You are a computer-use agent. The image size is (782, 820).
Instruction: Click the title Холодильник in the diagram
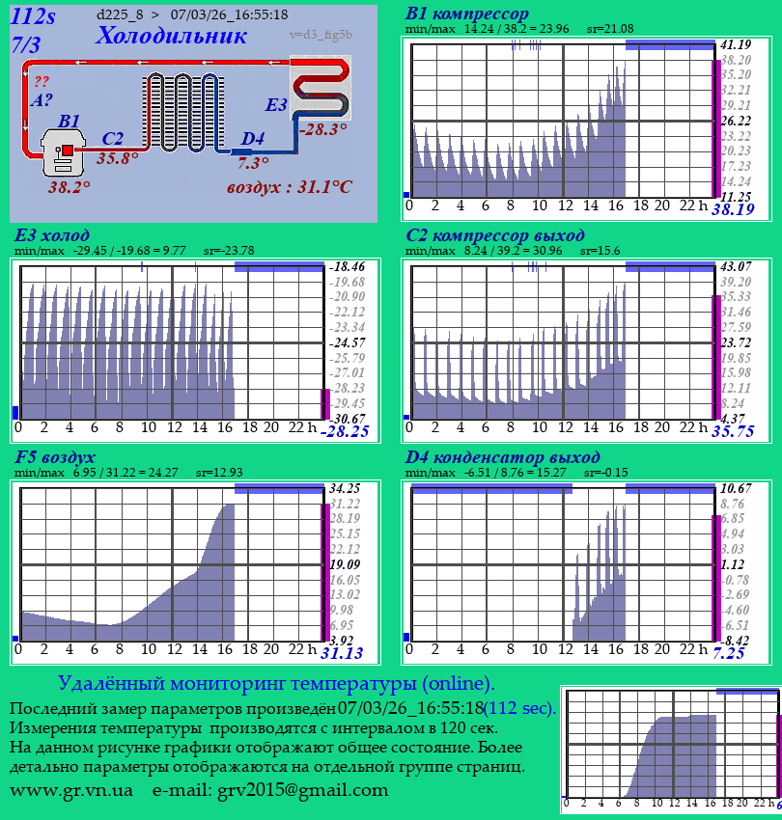pos(172,37)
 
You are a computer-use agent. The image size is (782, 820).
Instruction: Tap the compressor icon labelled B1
pos(66,152)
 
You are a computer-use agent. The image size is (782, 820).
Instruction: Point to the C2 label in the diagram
pos(112,139)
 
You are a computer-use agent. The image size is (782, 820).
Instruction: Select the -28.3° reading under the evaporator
pos(322,128)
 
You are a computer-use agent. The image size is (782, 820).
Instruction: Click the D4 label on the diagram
pos(252,139)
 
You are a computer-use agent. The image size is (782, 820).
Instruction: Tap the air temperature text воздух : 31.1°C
pos(289,186)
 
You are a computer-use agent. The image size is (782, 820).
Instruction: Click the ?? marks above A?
pos(42,82)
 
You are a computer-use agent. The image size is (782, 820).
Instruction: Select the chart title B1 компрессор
pos(467,14)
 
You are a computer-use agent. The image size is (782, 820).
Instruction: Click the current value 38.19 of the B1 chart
pos(733,209)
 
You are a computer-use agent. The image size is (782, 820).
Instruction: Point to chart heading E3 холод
pos(52,235)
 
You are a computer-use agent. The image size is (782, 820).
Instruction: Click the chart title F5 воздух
pos(55,456)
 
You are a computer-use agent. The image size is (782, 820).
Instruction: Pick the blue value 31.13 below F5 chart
pos(342,653)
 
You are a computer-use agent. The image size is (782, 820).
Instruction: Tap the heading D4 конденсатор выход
pos(502,456)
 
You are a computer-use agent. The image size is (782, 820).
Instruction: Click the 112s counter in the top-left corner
pos(34,15)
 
